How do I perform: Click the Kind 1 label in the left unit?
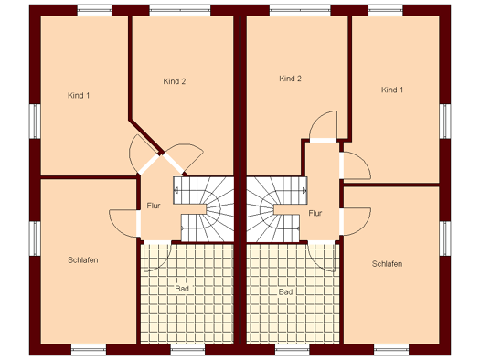tap(79, 95)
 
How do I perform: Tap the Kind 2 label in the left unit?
tap(175, 81)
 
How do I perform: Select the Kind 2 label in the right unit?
tap(290, 79)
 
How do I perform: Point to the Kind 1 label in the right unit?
tap(392, 90)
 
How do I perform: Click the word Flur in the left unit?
tap(154, 206)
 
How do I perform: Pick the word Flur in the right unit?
tap(315, 213)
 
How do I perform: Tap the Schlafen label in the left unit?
tap(83, 260)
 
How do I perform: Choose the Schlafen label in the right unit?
tap(387, 264)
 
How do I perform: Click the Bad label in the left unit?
tap(182, 289)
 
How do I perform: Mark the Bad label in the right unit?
tap(285, 292)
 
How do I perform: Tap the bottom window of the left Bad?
tap(187, 350)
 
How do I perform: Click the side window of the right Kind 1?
tap(445, 122)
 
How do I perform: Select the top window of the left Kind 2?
tap(180, 10)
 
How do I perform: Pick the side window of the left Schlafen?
tap(35, 238)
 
